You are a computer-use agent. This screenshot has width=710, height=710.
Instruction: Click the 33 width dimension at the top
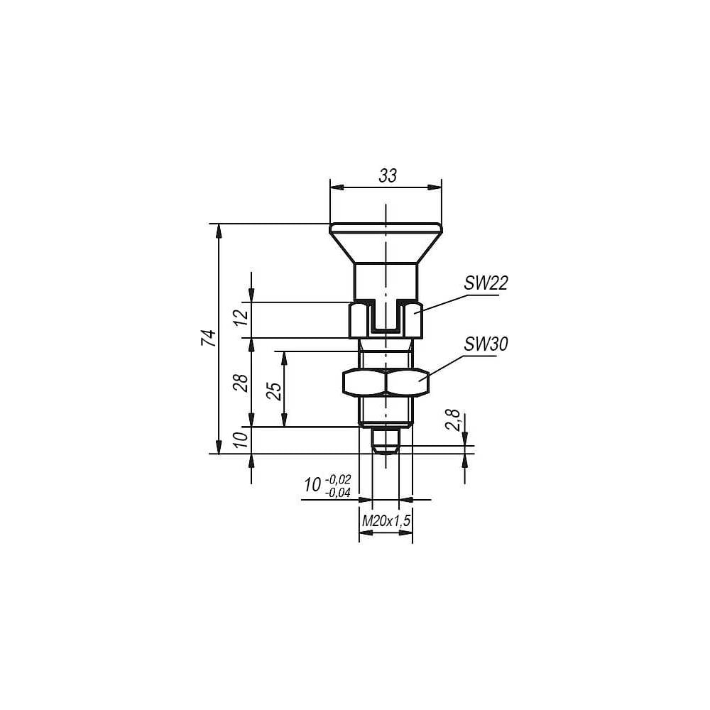pyautogui.click(x=388, y=175)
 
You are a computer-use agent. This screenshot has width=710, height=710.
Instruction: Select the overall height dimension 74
pyautogui.click(x=209, y=338)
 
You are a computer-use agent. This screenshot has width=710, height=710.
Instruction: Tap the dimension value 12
pyautogui.click(x=241, y=317)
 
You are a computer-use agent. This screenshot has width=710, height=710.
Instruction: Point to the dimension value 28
pyautogui.click(x=241, y=383)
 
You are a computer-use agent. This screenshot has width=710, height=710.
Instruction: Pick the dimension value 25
pyautogui.click(x=273, y=391)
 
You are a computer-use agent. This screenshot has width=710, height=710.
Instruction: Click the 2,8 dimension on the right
pyautogui.click(x=453, y=420)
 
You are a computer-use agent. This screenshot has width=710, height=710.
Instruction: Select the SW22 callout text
pyautogui.click(x=486, y=283)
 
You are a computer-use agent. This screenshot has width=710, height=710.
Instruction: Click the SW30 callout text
pyautogui.click(x=486, y=344)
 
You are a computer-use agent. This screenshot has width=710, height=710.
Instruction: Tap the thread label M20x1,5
pyautogui.click(x=386, y=520)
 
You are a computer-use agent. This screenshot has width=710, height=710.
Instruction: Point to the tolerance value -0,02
pyautogui.click(x=338, y=479)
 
